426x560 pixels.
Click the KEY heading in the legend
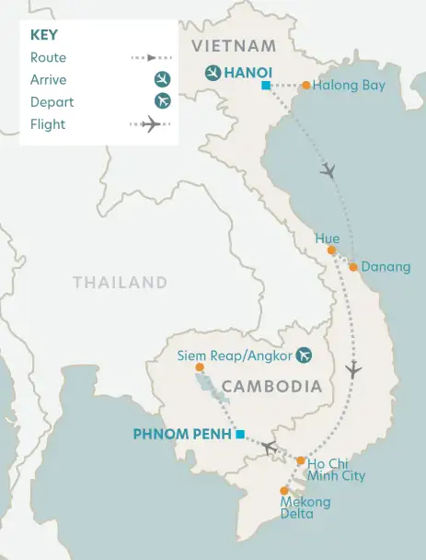(x=45, y=34)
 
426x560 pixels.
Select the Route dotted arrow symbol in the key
(x=152, y=57)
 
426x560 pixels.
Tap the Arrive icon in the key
(x=163, y=79)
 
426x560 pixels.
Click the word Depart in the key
(x=52, y=101)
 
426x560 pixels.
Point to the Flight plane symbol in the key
(x=152, y=123)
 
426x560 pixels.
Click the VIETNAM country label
(x=233, y=46)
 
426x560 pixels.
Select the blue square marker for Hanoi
(x=265, y=86)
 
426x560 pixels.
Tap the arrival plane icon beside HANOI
(x=213, y=72)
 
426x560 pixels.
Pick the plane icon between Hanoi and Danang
(x=328, y=170)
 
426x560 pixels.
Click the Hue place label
(x=328, y=239)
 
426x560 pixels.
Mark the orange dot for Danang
(x=353, y=267)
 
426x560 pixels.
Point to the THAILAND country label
(x=121, y=283)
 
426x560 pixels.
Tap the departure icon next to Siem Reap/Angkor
(x=301, y=356)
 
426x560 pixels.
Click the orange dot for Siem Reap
(x=200, y=367)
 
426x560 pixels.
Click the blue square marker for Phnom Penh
(x=239, y=434)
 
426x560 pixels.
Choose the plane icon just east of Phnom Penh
(x=268, y=448)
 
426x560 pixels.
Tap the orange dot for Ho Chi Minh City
(x=301, y=460)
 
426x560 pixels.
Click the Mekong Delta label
(x=306, y=507)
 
